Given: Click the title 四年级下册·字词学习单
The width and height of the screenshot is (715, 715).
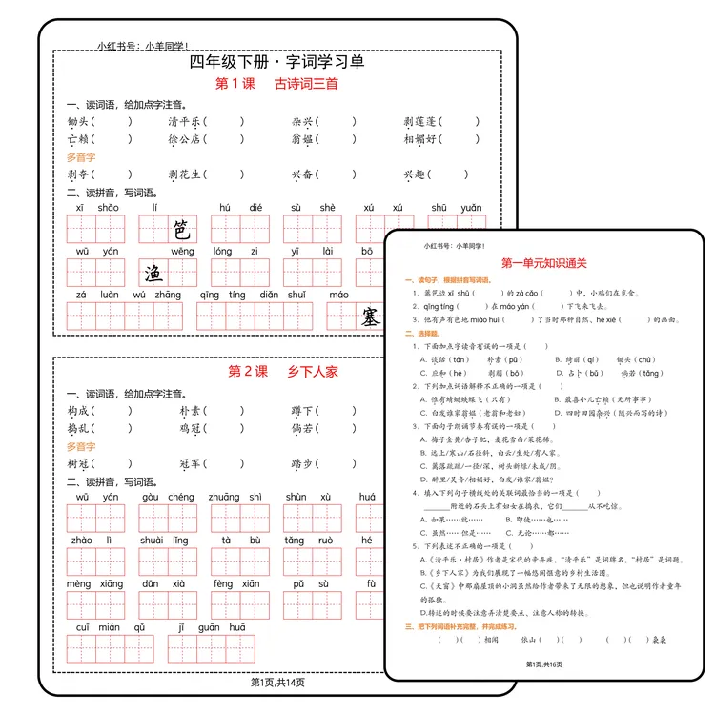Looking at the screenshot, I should click(x=277, y=62).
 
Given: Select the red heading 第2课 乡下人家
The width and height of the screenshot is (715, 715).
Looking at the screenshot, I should click(x=283, y=371).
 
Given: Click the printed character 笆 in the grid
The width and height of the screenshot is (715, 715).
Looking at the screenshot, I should click(x=181, y=229).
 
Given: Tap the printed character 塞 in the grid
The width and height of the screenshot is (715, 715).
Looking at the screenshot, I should click(x=369, y=317).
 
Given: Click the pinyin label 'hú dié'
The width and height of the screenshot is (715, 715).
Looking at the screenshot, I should click(x=240, y=208).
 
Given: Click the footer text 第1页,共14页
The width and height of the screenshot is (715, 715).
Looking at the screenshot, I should click(x=277, y=682).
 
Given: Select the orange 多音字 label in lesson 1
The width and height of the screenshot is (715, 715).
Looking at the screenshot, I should click(x=81, y=157).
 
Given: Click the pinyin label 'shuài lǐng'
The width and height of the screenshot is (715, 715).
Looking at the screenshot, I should click(x=166, y=541).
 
